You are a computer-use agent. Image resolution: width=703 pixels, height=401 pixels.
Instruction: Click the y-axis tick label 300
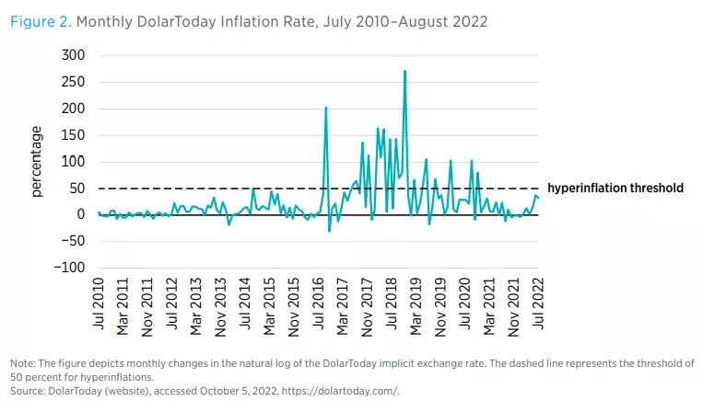tap(73, 56)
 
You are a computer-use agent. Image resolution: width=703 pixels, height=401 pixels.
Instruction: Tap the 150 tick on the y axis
tap(73, 136)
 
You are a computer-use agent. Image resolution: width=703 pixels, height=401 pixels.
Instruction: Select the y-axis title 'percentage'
tap(38, 162)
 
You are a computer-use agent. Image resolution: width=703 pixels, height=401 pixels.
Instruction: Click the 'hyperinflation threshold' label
tap(615, 189)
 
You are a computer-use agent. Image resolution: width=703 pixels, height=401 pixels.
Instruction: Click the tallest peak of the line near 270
tap(404, 72)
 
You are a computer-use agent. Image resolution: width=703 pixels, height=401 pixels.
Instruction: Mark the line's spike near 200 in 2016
tap(326, 109)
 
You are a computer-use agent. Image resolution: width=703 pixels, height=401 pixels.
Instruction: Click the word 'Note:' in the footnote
tap(24, 363)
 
